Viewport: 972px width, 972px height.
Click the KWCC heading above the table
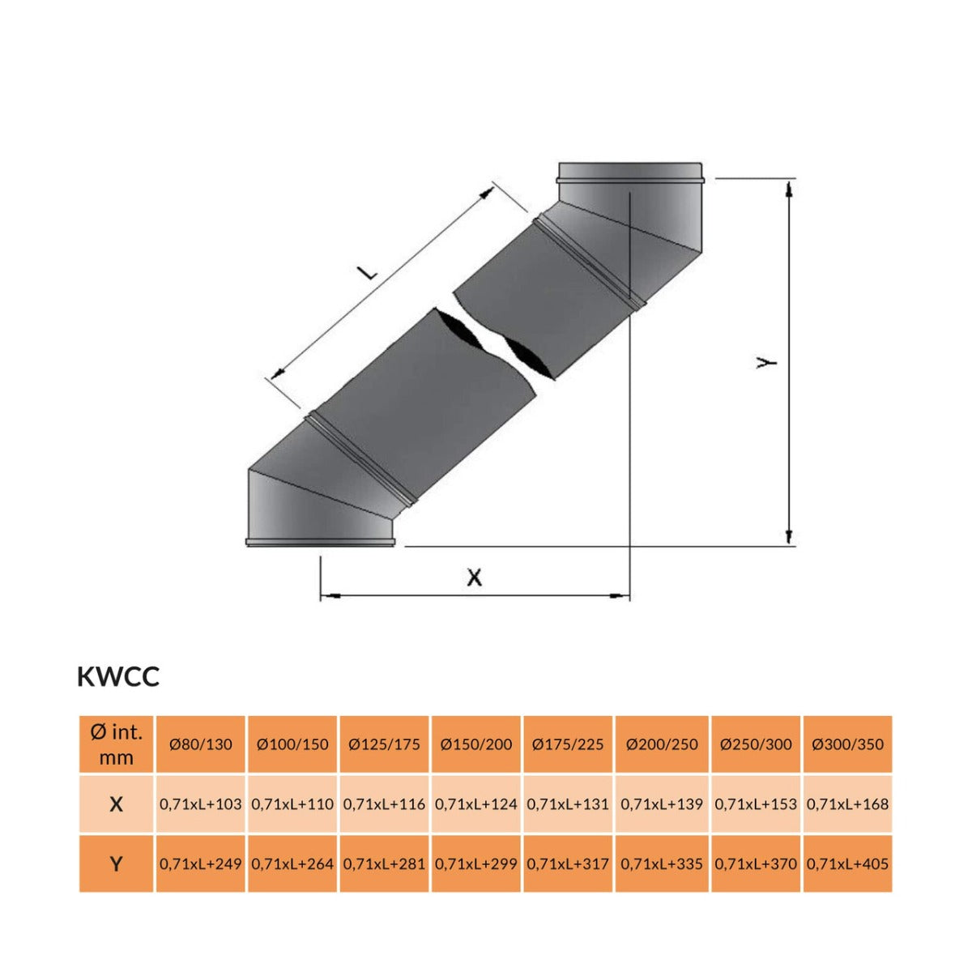[x=118, y=677]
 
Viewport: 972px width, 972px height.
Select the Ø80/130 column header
[x=200, y=744]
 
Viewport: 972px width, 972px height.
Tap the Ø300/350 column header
[x=848, y=744]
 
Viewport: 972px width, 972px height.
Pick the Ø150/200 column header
[x=476, y=744]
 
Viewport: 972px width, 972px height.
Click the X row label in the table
[x=116, y=804]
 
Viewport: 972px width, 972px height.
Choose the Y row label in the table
[x=116, y=863]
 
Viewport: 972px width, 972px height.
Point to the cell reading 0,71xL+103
[x=200, y=804]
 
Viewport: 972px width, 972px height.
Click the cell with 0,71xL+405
[x=848, y=863]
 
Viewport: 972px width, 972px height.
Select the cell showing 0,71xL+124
[x=476, y=804]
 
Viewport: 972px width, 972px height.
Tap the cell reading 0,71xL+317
[x=568, y=863]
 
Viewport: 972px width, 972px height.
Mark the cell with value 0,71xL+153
[x=756, y=804]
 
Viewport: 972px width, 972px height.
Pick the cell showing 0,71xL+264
[x=292, y=863]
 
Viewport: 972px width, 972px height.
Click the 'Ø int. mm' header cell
[x=116, y=744]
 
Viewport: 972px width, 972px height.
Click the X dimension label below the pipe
[x=475, y=578]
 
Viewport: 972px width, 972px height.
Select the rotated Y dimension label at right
[x=765, y=362]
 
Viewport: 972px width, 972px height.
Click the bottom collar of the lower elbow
[x=321, y=541]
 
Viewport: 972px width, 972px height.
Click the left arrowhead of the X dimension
[x=327, y=597]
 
